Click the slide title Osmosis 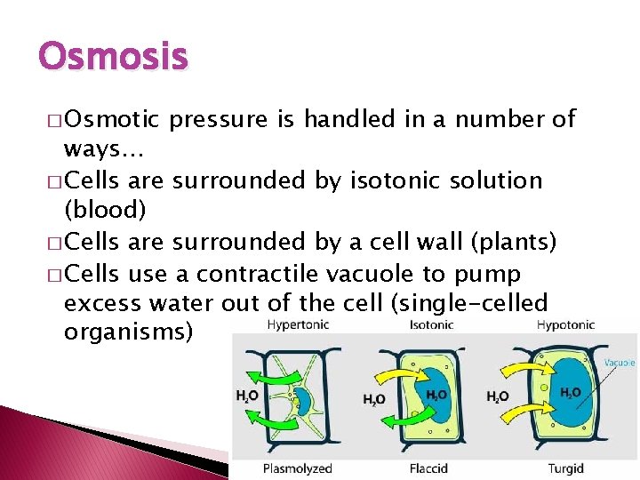[114, 58]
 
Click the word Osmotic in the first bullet [111, 119]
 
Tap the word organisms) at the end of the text [128, 334]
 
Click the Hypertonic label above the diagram [298, 325]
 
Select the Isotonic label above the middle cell [431, 325]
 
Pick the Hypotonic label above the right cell [566, 325]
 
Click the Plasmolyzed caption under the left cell [298, 468]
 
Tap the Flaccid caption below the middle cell [430, 468]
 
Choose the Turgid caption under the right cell [566, 468]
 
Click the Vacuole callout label [620, 363]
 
